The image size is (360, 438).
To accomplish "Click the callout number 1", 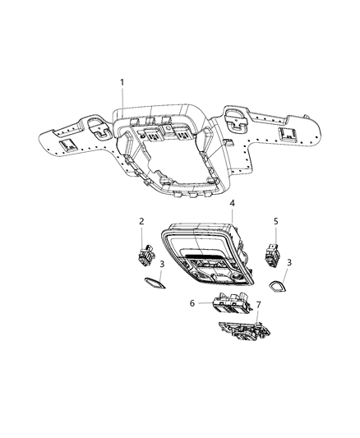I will click(x=122, y=82).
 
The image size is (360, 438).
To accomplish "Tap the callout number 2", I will click(x=142, y=221).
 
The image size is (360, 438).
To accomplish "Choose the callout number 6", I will click(x=192, y=304).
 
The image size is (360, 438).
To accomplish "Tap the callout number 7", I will click(x=259, y=305).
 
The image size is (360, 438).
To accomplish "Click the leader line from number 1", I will click(x=124, y=102).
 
